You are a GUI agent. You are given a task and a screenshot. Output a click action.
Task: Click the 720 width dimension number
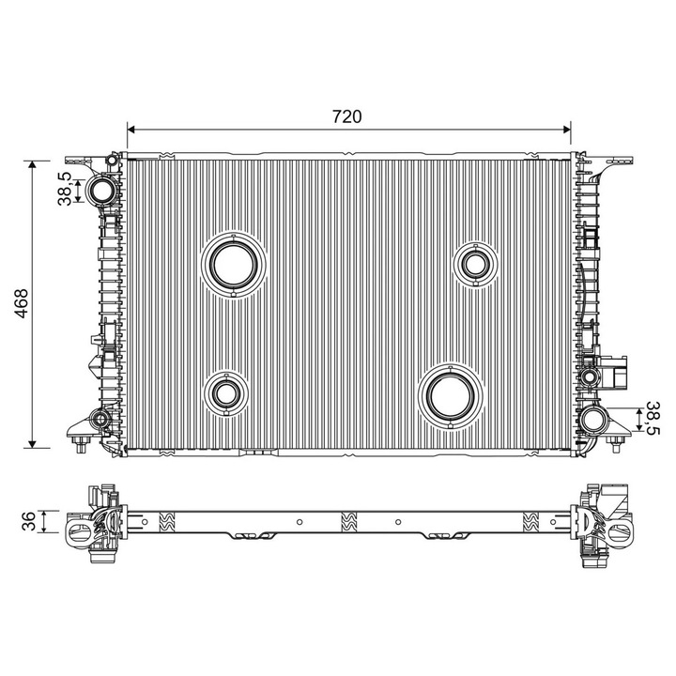pos(347,116)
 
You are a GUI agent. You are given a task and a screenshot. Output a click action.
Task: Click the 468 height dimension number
pos(21,303)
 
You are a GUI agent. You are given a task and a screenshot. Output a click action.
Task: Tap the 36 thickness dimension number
pos(28,521)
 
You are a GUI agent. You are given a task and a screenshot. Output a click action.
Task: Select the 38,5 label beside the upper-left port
pos(65,189)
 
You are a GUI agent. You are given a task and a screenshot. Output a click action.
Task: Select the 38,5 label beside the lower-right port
pos(653,419)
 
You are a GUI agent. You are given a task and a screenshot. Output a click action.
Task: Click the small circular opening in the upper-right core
pos(475,264)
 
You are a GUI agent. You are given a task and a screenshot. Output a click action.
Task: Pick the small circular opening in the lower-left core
pos(226,392)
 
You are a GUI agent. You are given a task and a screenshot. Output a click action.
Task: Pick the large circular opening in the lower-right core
pos(451,396)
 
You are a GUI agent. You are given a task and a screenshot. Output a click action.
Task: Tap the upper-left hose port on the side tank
pos(100,191)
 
